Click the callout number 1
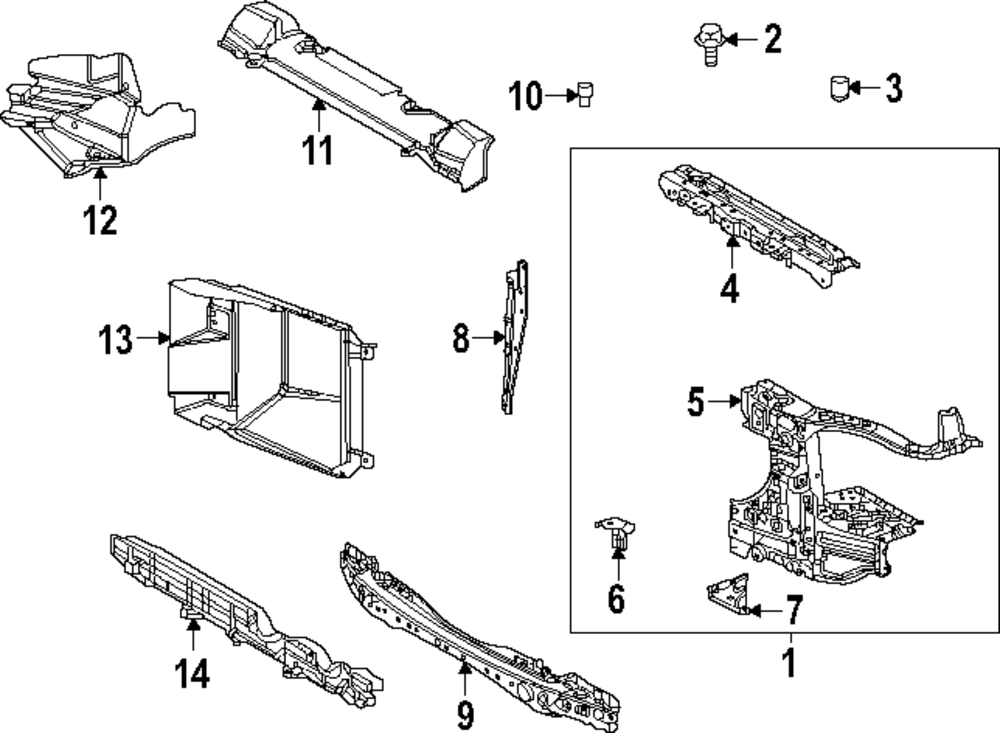click(789, 663)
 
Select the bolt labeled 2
click(706, 44)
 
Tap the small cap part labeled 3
click(840, 89)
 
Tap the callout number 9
click(465, 713)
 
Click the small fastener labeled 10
click(584, 95)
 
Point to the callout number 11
click(317, 150)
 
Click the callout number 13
click(115, 339)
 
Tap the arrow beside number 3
click(865, 89)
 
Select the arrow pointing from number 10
click(559, 96)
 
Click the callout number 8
click(461, 339)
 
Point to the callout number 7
click(793, 608)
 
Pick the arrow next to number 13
click(152, 339)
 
